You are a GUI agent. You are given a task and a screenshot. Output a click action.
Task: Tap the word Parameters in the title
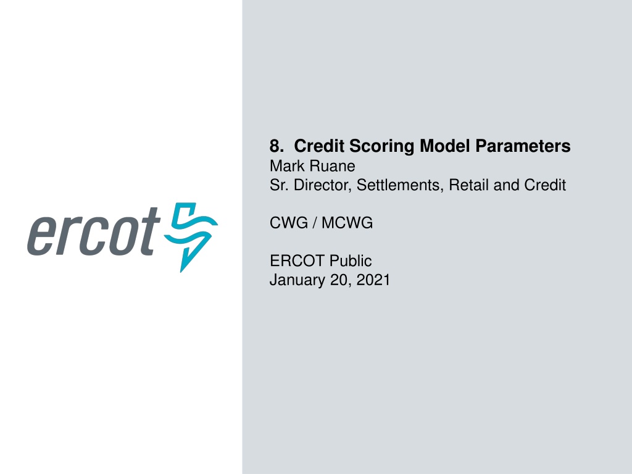(x=523, y=146)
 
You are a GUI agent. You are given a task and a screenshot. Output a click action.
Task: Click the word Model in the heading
(x=445, y=146)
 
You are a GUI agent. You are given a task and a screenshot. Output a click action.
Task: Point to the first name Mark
(x=287, y=166)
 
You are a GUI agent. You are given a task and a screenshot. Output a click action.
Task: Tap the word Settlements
(x=400, y=185)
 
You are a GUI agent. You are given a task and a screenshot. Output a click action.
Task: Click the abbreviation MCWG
(x=347, y=223)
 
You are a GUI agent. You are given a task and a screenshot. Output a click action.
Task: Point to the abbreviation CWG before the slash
(x=289, y=223)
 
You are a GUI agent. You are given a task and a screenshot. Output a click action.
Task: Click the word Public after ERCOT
(x=351, y=261)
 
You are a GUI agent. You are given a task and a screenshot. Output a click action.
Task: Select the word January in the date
(x=297, y=280)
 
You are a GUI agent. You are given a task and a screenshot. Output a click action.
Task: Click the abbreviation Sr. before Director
(x=280, y=185)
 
